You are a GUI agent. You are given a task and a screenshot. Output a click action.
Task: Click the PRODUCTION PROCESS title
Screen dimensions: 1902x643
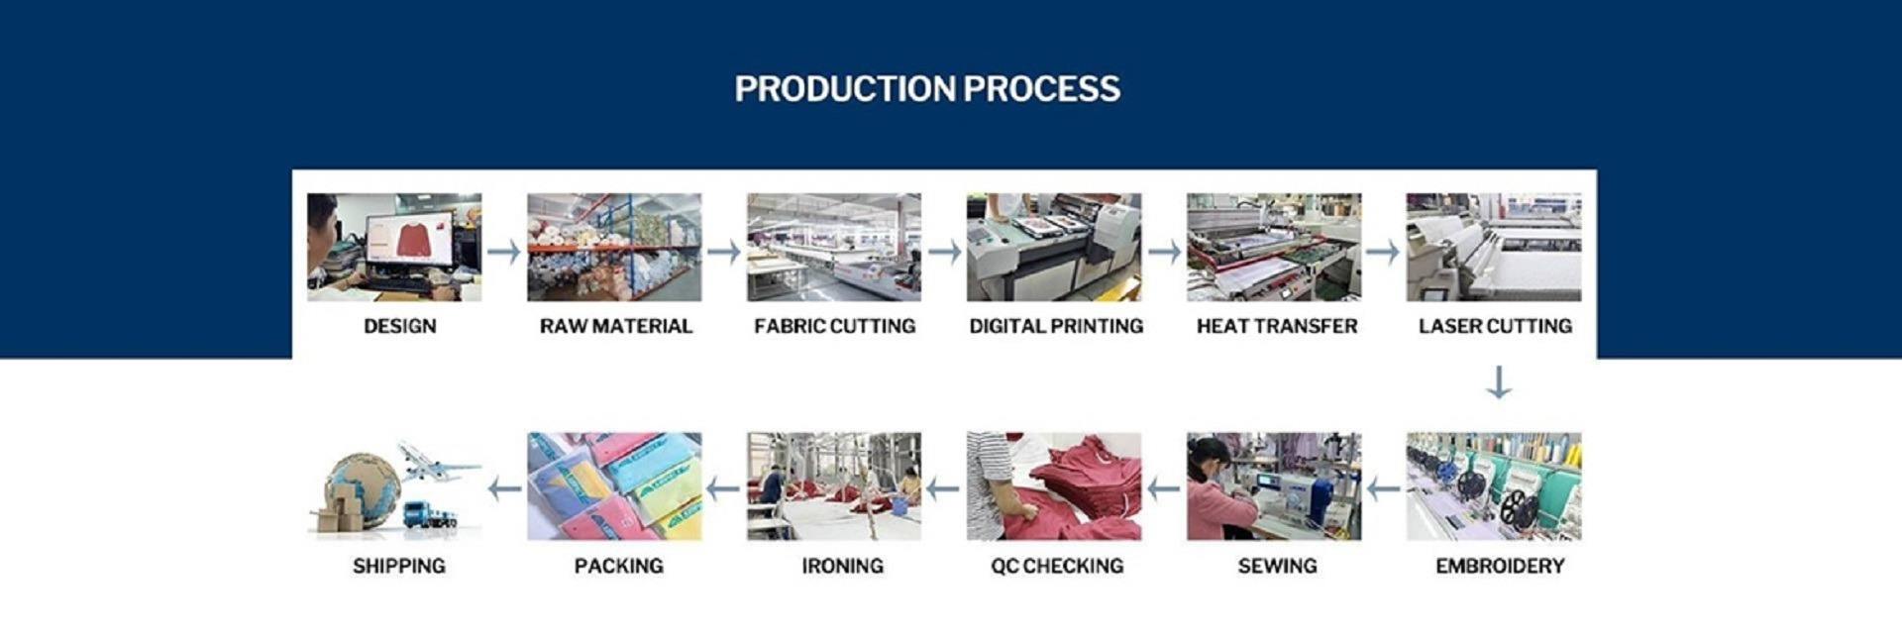click(927, 89)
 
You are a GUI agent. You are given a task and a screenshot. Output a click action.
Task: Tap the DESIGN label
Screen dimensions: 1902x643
click(399, 326)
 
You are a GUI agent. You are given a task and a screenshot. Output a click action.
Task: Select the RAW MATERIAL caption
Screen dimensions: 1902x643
click(615, 326)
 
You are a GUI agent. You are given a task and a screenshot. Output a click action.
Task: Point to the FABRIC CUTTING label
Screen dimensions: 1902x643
click(834, 326)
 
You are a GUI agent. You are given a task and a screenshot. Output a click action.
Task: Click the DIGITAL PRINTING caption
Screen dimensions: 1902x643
click(1056, 326)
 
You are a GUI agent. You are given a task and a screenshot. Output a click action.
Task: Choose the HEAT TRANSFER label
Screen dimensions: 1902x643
click(1276, 326)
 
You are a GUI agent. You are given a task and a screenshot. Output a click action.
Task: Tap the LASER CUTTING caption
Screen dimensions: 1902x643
click(1495, 326)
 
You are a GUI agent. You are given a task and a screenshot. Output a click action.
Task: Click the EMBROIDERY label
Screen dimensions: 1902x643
click(1500, 566)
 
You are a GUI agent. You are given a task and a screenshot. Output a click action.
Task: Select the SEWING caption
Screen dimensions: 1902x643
click(1277, 566)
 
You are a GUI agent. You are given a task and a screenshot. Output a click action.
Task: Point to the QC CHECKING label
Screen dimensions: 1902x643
click(1057, 566)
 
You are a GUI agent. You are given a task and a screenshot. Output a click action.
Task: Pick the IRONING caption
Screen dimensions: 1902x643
click(842, 566)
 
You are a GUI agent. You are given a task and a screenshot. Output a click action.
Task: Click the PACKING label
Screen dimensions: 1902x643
click(618, 566)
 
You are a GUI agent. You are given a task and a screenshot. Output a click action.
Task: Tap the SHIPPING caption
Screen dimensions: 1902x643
click(399, 566)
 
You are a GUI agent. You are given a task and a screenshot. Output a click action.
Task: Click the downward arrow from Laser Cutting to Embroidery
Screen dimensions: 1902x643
click(1499, 382)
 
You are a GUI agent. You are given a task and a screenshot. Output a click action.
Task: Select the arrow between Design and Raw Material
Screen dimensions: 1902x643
click(504, 251)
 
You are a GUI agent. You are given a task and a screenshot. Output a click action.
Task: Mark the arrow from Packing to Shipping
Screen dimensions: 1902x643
click(505, 488)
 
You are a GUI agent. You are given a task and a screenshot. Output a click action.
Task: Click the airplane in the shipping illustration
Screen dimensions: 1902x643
click(436, 460)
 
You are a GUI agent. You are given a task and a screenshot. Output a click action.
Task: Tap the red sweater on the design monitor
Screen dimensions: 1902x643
click(409, 239)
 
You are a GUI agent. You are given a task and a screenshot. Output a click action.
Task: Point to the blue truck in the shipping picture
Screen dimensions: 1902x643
click(430, 515)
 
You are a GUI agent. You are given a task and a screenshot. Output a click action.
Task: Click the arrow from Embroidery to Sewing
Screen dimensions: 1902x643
click(1384, 488)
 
